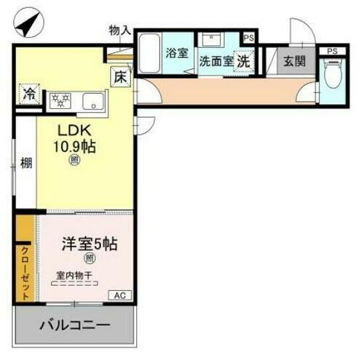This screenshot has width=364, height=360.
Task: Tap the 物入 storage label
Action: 119,30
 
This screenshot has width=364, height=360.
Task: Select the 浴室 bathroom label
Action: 177,53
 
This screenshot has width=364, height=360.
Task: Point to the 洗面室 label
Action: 215,62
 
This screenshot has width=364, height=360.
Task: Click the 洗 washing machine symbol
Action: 243,62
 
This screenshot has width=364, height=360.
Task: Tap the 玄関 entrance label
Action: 295,61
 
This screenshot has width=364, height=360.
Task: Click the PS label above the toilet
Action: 333,51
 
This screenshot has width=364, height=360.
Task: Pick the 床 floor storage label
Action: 119,74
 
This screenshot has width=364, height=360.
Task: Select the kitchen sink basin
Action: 93,100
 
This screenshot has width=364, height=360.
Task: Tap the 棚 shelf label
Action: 25,163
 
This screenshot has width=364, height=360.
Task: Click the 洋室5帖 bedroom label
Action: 85,244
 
